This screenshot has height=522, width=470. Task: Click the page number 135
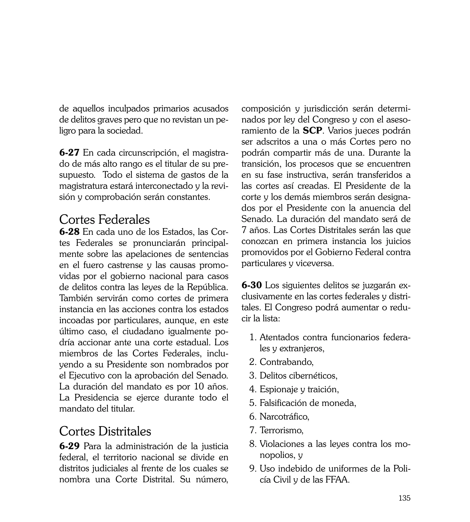[x=404, y=505]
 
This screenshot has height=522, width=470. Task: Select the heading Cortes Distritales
[x=105, y=431]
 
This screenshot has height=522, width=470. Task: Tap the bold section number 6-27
[x=69, y=153]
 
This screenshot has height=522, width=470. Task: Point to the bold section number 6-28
[x=69, y=232]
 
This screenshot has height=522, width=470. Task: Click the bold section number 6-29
[x=69, y=446]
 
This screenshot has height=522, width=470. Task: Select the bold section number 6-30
[x=252, y=285]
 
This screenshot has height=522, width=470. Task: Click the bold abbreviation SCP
[x=313, y=131]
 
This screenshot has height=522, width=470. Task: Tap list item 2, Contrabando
[x=286, y=362]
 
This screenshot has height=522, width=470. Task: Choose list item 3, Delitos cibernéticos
[x=298, y=375]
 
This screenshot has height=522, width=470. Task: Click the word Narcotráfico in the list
[x=284, y=416]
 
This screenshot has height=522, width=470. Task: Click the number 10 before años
[x=198, y=386]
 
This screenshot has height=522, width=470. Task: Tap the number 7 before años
[x=244, y=230]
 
